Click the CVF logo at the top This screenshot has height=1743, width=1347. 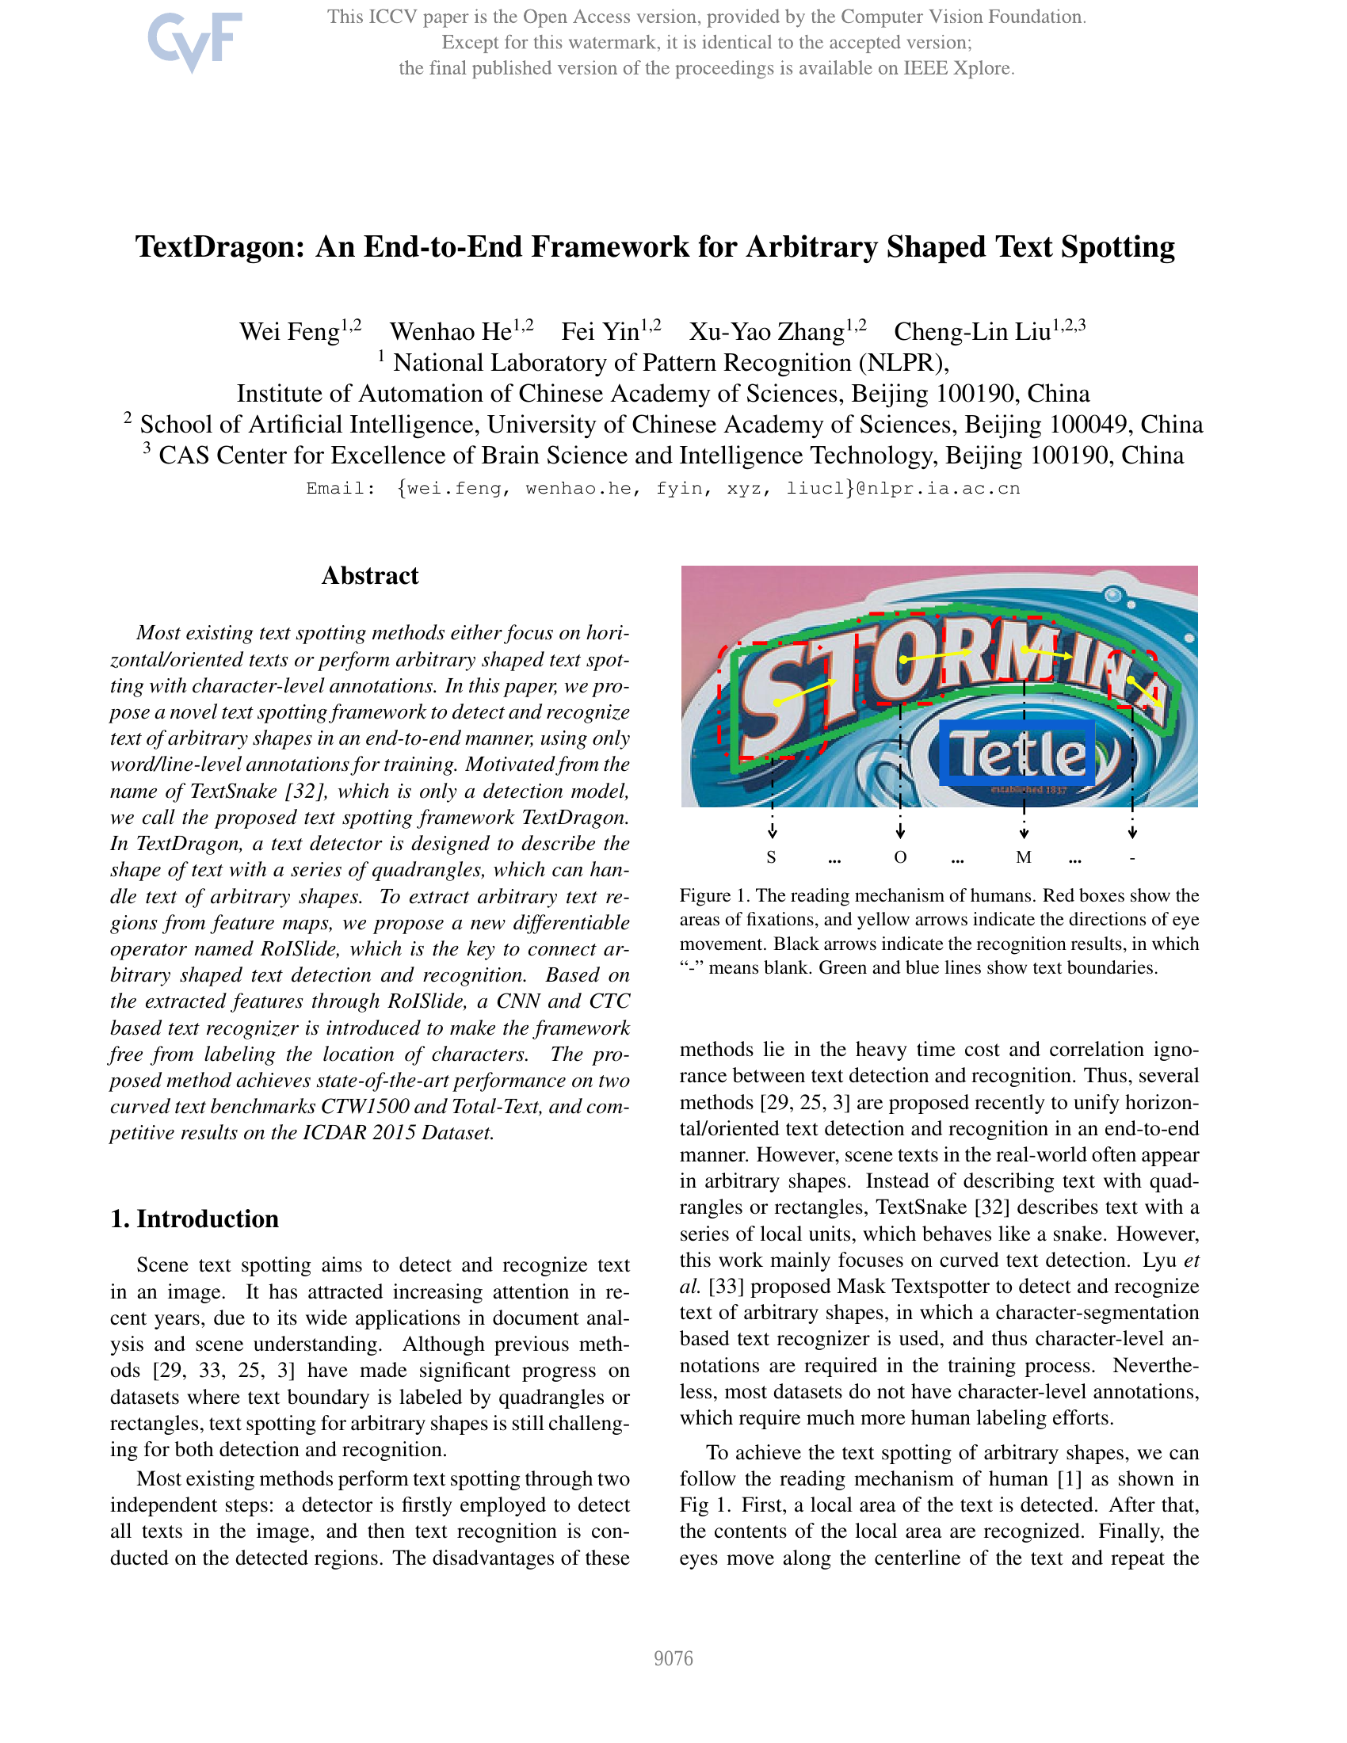coord(195,40)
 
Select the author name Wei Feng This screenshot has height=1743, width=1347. coord(290,331)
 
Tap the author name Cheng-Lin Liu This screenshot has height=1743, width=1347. coord(972,331)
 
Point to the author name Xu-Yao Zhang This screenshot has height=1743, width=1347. coord(767,331)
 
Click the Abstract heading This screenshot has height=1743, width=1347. coord(369,575)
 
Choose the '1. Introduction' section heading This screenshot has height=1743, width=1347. coord(195,1219)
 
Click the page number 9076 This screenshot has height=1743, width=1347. coord(673,1658)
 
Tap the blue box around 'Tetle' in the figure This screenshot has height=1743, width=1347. coord(1017,753)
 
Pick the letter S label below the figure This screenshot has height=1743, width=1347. coord(771,858)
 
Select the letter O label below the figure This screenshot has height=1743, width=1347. coord(900,858)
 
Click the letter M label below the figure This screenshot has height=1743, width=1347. coord(1024,858)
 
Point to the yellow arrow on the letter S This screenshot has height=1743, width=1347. coord(806,692)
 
